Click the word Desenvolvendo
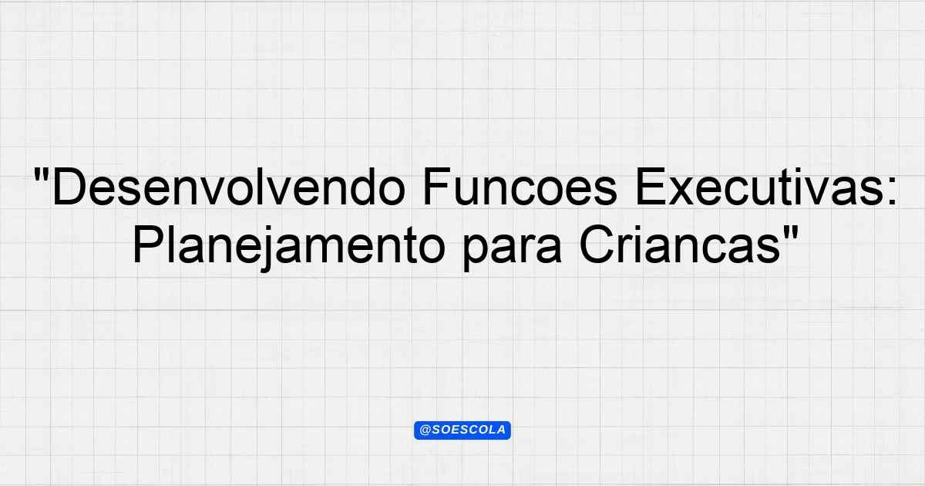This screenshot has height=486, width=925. (228, 187)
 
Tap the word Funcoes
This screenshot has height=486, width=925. (520, 187)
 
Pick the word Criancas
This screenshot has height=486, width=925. (680, 245)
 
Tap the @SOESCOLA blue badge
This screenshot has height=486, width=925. (462, 430)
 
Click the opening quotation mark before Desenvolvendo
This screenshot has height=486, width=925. (41, 175)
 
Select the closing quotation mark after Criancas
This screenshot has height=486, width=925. (790, 233)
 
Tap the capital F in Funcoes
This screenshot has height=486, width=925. (437, 187)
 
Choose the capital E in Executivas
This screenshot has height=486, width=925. (651, 187)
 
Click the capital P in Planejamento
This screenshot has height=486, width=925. (148, 245)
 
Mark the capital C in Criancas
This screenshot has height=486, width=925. (597, 245)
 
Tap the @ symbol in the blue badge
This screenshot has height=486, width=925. (425, 430)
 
